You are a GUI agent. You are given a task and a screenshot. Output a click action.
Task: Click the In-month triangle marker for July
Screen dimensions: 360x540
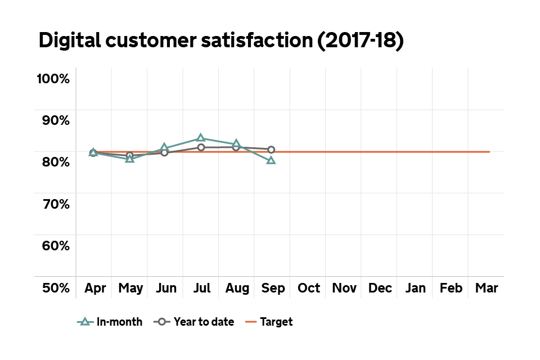[x=200, y=138]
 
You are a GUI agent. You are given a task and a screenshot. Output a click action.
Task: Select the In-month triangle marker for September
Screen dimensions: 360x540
[x=271, y=160]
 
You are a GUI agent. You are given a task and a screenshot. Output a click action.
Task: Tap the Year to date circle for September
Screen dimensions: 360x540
[x=271, y=150]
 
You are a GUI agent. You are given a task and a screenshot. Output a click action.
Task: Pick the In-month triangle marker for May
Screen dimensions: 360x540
[x=130, y=159]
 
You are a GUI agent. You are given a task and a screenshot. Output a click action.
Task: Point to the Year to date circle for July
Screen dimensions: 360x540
[x=200, y=147]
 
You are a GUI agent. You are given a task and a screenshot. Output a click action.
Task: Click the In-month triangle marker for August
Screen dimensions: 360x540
[x=236, y=143]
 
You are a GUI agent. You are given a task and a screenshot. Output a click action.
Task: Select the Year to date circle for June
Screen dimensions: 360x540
[x=164, y=152]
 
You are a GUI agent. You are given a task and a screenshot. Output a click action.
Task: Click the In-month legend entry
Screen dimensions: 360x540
[x=110, y=322]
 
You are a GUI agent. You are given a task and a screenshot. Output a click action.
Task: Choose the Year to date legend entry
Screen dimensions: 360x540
[x=193, y=322]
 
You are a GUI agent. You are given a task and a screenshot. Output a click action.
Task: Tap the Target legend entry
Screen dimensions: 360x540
[x=269, y=322]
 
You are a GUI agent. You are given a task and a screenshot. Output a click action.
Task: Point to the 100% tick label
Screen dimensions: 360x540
[x=53, y=78]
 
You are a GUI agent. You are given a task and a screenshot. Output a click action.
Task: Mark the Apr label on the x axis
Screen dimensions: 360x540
[x=95, y=289]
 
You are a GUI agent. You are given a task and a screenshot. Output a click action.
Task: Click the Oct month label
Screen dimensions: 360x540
[x=309, y=289]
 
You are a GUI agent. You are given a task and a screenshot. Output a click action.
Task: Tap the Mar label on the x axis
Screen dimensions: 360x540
[x=487, y=289]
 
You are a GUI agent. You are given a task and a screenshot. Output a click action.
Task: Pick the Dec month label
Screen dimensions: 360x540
[x=380, y=289]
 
